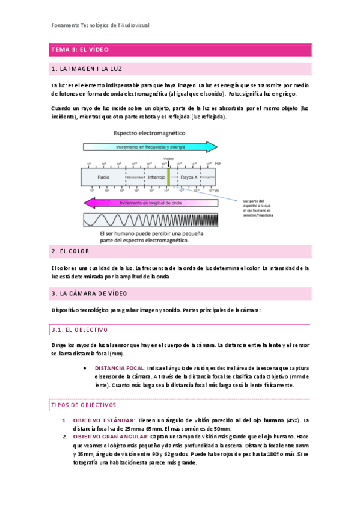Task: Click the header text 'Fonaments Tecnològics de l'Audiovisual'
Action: [x=100, y=25]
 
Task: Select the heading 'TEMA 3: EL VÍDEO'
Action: [x=80, y=49]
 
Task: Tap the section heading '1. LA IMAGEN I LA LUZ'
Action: [x=87, y=69]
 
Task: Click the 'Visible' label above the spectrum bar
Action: [x=168, y=160]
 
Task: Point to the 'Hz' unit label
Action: [x=218, y=163]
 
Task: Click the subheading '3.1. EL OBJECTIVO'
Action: [x=79, y=330]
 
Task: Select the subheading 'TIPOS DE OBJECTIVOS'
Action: [x=82, y=405]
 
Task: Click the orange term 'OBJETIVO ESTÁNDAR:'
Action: [x=103, y=420]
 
